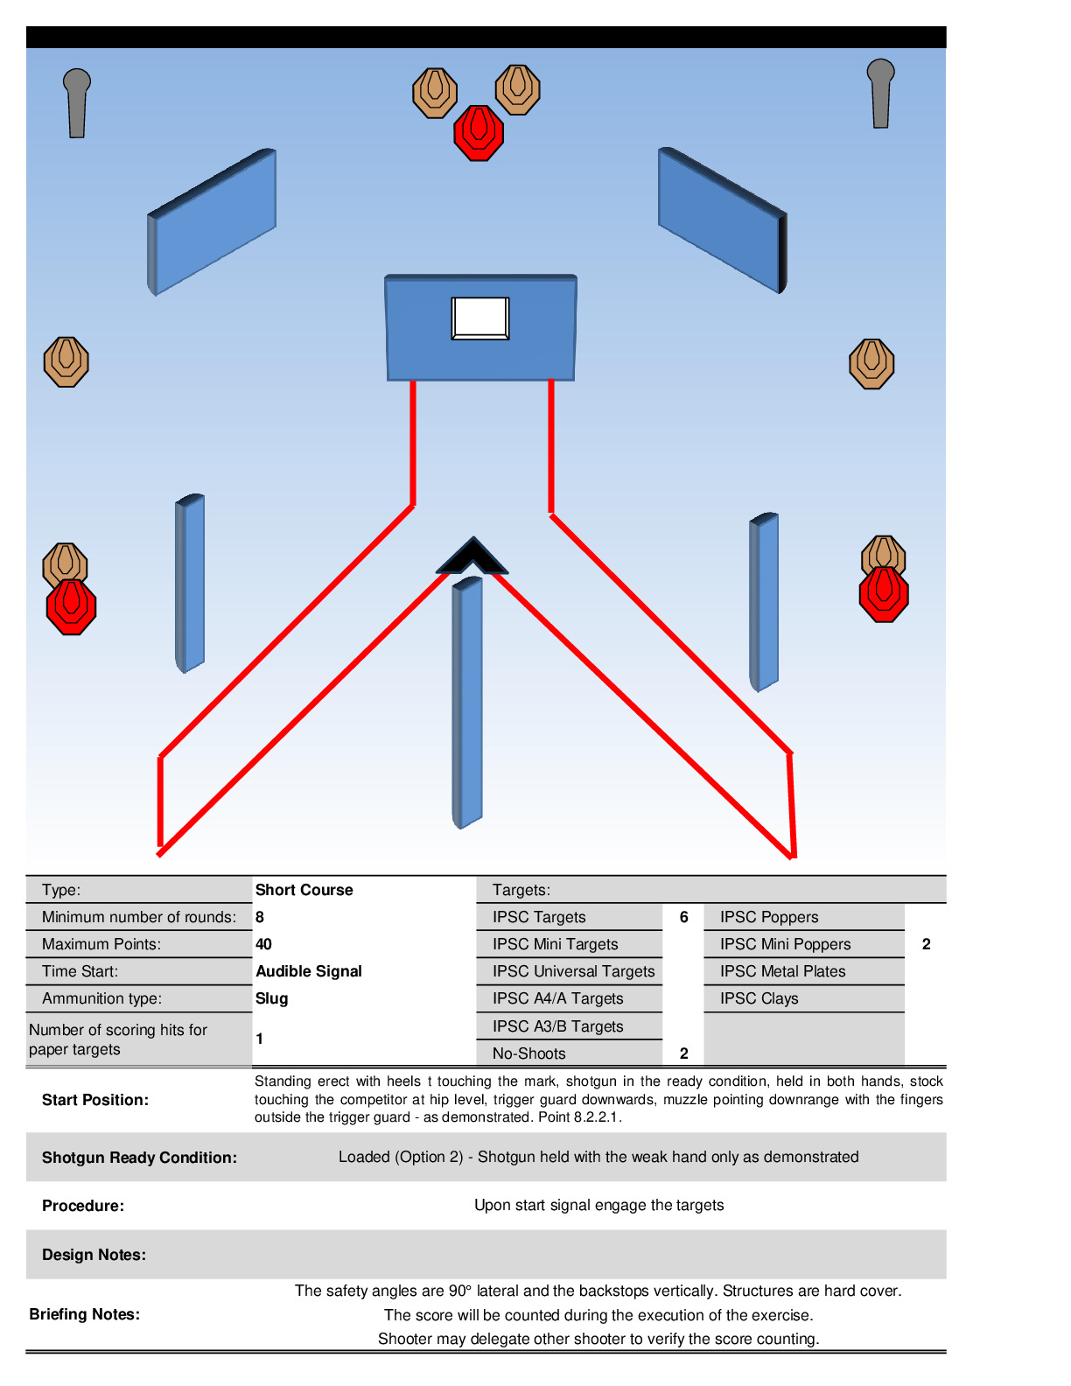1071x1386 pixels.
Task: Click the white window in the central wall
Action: click(x=479, y=318)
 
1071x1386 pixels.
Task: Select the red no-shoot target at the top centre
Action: click(x=479, y=133)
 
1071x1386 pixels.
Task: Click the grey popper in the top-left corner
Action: click(x=76, y=102)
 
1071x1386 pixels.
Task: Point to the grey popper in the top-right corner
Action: click(x=880, y=93)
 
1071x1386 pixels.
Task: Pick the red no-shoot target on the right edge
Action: click(x=884, y=594)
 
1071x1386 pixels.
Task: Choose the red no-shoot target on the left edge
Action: click(x=71, y=606)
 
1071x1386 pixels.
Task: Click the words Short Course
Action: click(x=304, y=890)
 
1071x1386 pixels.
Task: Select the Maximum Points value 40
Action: click(x=262, y=944)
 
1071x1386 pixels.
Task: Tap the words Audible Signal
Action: click(x=309, y=970)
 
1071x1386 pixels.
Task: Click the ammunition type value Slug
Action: click(x=272, y=998)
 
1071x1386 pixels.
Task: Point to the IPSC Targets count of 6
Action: click(x=683, y=916)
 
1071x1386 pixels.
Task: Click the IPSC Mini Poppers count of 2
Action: click(x=926, y=944)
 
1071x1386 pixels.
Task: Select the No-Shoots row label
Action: click(x=528, y=1053)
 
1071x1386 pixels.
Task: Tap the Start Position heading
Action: click(x=95, y=1100)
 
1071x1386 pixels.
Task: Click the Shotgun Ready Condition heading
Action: click(x=139, y=1157)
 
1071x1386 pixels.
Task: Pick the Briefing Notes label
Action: click(x=84, y=1314)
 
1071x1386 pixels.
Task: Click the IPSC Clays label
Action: click(x=759, y=998)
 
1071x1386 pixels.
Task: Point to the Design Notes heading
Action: click(x=94, y=1255)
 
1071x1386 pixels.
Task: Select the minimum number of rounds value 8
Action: click(x=260, y=916)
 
